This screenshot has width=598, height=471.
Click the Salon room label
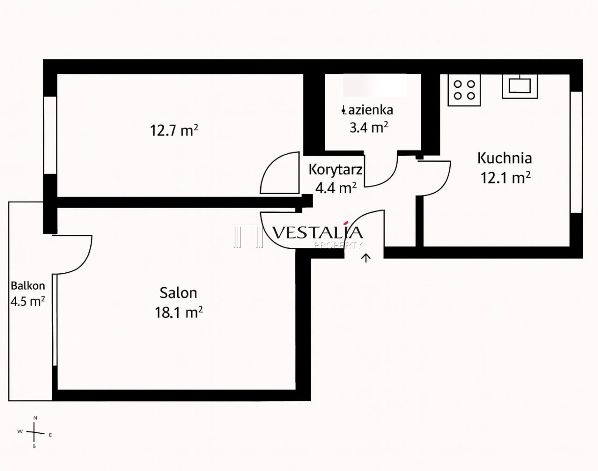(178, 293)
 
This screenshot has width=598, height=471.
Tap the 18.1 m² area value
(179, 312)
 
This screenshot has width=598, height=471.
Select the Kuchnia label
(505, 158)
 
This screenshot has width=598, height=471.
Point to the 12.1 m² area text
(506, 178)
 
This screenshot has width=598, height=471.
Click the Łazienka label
(367, 110)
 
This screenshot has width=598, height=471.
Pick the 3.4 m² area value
(369, 128)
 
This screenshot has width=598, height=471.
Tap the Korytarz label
(335, 170)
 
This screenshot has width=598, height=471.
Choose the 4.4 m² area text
(336, 188)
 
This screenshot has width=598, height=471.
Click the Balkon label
(28, 286)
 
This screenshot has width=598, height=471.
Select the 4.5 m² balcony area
(28, 301)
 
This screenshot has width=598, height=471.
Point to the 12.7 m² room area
(174, 130)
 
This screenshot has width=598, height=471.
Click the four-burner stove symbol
(464, 90)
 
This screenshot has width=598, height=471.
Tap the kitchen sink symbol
(520, 86)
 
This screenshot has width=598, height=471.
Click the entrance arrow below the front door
(366, 258)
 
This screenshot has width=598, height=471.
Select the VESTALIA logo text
(317, 232)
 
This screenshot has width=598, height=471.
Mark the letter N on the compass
(35, 418)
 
